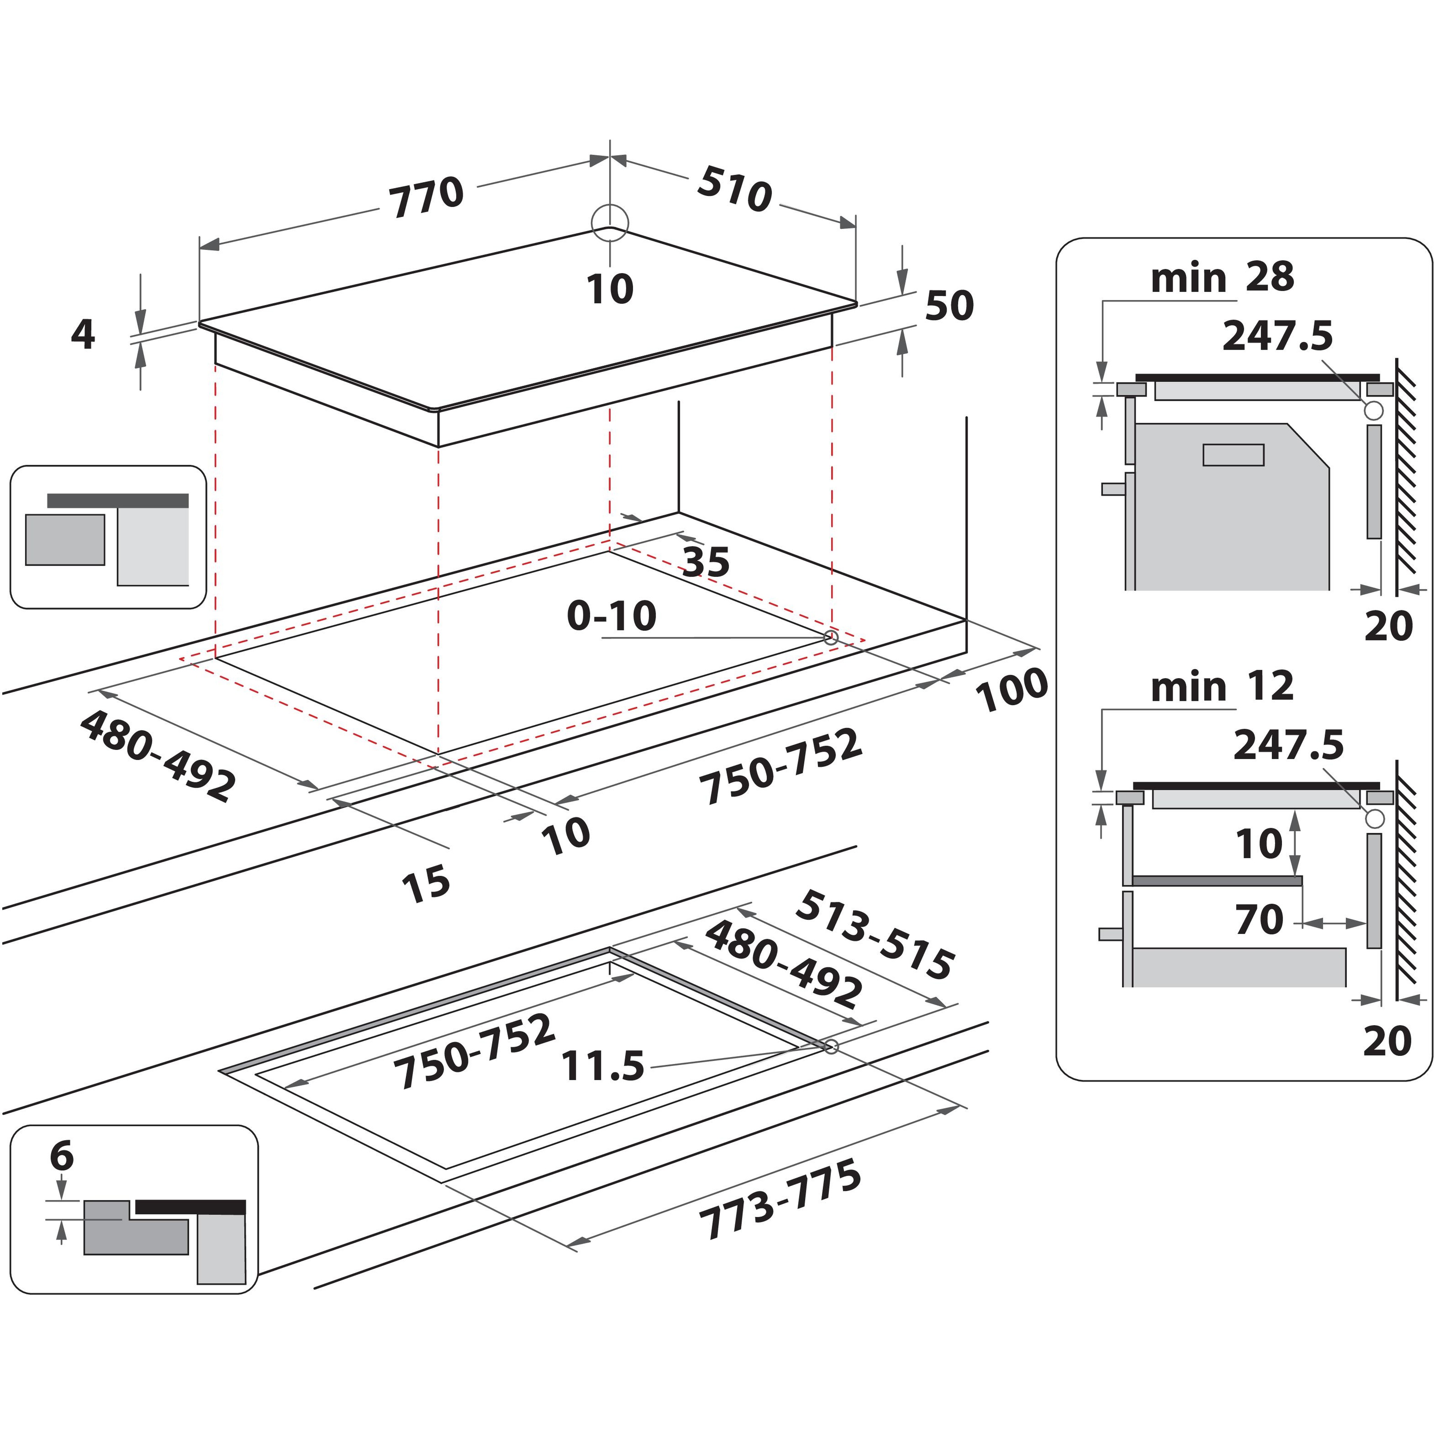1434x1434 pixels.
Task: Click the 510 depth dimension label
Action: pyautogui.click(x=735, y=189)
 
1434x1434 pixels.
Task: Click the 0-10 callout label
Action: pyautogui.click(x=612, y=615)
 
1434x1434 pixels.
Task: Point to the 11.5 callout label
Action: pyautogui.click(x=603, y=1067)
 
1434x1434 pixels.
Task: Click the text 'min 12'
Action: pyautogui.click(x=1222, y=687)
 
